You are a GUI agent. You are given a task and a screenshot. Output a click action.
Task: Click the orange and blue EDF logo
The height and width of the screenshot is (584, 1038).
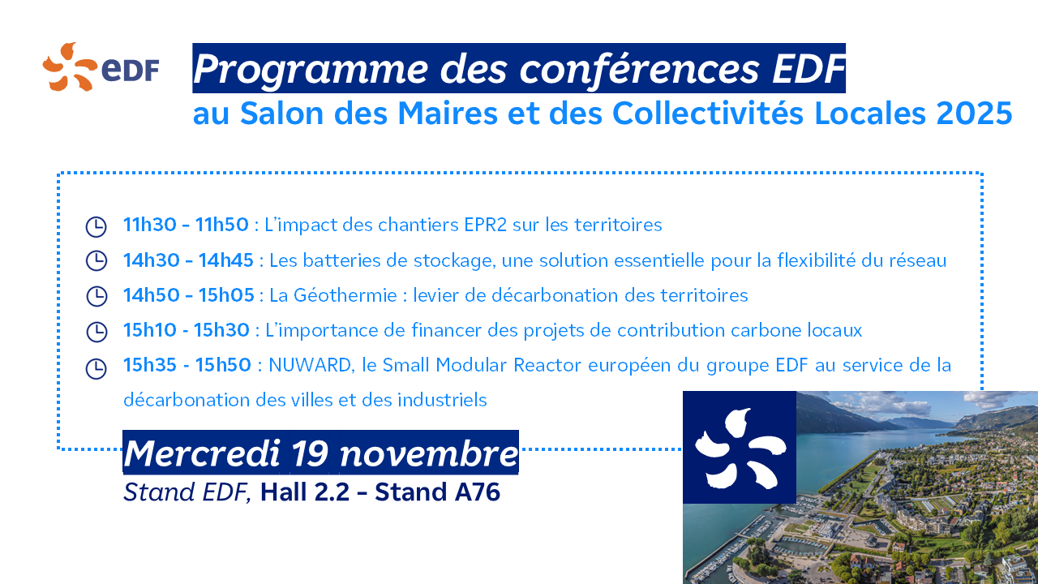point(101,67)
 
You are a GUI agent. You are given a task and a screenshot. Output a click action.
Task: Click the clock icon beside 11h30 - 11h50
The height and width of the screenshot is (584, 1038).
point(97,226)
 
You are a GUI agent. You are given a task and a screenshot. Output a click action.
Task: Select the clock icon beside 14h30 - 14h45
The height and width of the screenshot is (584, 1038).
point(97,261)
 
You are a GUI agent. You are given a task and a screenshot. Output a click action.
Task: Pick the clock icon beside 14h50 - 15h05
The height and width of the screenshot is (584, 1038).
point(97,296)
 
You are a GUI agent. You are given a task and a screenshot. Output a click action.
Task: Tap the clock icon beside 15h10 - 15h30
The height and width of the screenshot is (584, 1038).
point(97,332)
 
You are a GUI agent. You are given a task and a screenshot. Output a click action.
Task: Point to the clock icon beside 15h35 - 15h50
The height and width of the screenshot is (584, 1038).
point(97,369)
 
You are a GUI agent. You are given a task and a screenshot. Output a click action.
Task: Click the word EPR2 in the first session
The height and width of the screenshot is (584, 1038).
point(485,225)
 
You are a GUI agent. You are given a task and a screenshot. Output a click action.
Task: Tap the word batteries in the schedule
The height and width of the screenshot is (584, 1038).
point(341,260)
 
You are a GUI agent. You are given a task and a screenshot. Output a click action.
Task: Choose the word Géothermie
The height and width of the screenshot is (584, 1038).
point(345,295)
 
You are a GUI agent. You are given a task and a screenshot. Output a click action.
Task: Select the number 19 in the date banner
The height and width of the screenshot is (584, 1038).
point(310,453)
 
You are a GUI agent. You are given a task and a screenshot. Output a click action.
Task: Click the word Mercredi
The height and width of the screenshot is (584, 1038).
point(202,453)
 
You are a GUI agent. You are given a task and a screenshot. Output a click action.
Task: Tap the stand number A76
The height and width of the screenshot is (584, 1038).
point(478,492)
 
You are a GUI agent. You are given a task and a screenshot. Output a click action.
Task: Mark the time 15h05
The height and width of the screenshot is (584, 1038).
point(226,295)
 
